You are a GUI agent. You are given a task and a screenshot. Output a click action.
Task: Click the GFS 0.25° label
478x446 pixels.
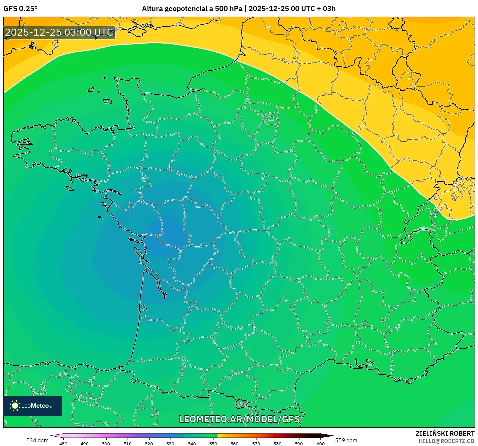(x=20, y=9)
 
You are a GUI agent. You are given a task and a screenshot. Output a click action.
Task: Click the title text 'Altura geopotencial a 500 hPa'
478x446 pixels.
(x=192, y=9)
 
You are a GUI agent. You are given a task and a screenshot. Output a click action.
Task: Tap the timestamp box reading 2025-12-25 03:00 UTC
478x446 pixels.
(x=59, y=33)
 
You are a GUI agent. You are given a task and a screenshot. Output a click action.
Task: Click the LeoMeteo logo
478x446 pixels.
(x=33, y=406)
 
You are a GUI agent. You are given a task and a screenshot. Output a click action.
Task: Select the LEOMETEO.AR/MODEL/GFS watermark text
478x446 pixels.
(x=239, y=419)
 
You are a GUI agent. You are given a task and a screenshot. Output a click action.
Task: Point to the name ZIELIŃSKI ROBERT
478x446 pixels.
(x=445, y=433)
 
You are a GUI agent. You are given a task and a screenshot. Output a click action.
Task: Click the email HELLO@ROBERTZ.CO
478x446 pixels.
(x=446, y=441)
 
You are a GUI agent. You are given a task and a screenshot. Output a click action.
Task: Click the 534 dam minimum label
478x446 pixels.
(x=37, y=440)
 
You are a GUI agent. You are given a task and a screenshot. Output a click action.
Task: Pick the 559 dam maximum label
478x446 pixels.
(x=346, y=440)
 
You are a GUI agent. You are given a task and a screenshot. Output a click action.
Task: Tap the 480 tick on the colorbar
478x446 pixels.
(x=63, y=444)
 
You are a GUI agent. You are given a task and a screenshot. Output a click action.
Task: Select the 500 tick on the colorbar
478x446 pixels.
(x=106, y=444)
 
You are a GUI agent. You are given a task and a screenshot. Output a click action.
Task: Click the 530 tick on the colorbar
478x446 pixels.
(x=170, y=444)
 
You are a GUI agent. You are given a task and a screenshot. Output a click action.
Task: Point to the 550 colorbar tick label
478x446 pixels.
(x=213, y=444)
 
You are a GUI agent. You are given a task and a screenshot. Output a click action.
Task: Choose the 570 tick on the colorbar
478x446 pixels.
(x=256, y=444)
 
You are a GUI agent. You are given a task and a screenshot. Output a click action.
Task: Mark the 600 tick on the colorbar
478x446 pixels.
(x=320, y=444)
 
